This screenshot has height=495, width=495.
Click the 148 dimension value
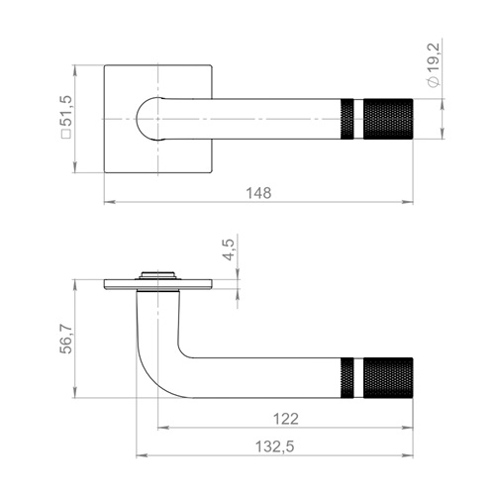(259, 193)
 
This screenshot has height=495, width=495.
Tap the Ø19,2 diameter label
(434, 65)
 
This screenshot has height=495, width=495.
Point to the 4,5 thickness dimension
(229, 249)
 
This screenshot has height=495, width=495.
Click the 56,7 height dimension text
(66, 340)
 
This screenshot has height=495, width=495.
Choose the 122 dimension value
(286, 419)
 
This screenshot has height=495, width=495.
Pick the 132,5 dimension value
(275, 446)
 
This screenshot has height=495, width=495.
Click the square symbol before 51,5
(66, 134)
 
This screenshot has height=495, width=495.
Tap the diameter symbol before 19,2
(434, 82)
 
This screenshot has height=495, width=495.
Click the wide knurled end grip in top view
(388, 119)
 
